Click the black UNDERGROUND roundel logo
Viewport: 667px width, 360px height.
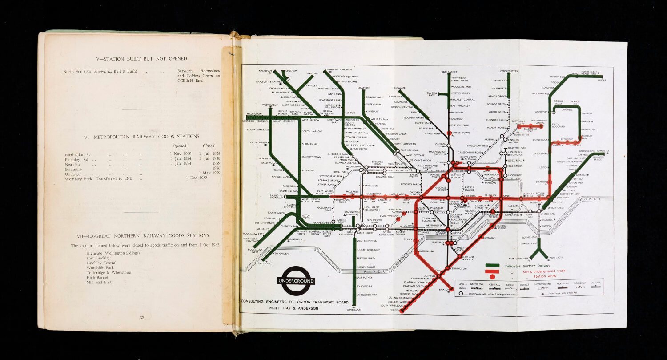[296, 281]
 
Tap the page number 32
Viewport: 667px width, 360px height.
[142, 318]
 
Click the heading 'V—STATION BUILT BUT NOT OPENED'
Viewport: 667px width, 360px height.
[142, 59]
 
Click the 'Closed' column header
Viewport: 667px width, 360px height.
[209, 146]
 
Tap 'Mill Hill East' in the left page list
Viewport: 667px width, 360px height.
[99, 282]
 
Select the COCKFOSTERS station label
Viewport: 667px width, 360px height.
[509, 71]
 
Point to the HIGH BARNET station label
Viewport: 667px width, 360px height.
[449, 72]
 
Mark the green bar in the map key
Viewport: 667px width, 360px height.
[492, 266]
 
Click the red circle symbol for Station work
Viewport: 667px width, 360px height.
[492, 277]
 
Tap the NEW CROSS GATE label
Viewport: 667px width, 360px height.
[518, 258]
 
